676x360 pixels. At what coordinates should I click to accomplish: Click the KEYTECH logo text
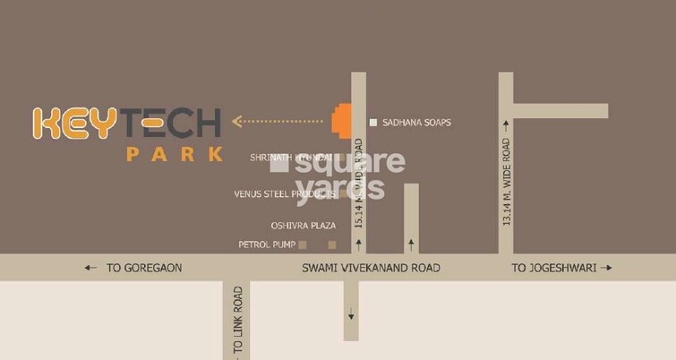point(126,123)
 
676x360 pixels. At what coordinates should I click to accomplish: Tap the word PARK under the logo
point(174,153)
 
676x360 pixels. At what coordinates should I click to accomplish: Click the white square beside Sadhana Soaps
point(373,122)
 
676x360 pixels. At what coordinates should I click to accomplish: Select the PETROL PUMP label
point(267,244)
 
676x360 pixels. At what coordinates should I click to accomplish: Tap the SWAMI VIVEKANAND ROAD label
point(371,268)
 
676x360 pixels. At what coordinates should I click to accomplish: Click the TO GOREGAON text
point(144,268)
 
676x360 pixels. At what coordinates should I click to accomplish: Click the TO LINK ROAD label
point(238,322)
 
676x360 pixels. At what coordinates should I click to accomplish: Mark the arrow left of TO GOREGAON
point(90,268)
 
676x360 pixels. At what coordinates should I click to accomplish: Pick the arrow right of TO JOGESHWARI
point(607,268)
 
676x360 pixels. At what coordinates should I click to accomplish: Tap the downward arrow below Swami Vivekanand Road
point(351,313)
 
